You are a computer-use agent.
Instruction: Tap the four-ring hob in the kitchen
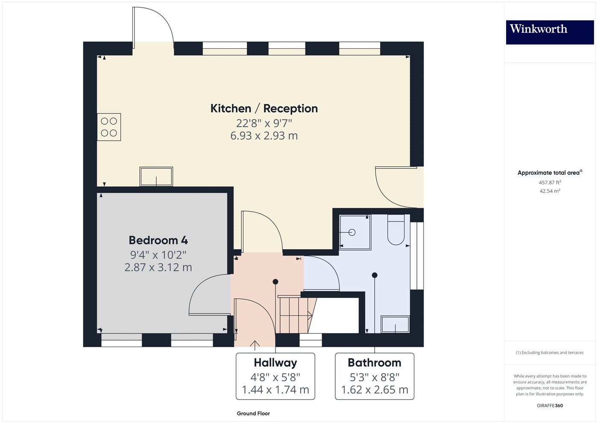109,127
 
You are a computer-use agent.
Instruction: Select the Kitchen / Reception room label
264,109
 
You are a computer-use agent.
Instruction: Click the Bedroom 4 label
158,240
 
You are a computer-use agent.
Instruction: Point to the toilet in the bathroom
396,230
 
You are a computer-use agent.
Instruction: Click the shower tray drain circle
352,232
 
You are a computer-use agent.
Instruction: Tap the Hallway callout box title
275,363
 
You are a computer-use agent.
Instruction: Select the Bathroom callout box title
375,363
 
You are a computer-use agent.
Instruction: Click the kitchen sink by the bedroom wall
156,176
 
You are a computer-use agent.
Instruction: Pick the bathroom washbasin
395,324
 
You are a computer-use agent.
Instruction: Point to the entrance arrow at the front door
255,345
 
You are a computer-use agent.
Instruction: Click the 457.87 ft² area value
550,182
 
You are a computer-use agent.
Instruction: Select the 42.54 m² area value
550,191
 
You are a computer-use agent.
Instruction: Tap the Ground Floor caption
253,414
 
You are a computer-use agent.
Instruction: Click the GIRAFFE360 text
550,405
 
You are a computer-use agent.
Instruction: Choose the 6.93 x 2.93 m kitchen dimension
264,136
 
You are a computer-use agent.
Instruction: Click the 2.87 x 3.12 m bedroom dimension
158,267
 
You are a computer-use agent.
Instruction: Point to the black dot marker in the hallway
276,282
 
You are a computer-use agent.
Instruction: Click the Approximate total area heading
550,173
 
